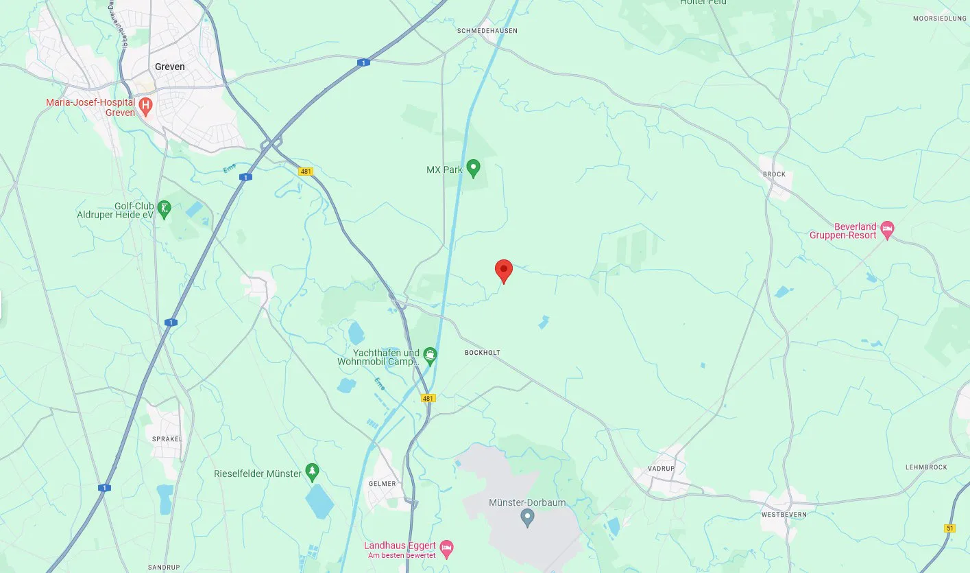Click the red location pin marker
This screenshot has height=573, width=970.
(x=504, y=270)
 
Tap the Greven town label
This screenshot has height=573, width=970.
(x=170, y=67)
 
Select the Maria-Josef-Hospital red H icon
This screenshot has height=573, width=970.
(x=145, y=106)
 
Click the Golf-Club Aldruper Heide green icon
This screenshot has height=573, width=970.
(x=164, y=209)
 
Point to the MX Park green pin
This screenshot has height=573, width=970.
(x=473, y=167)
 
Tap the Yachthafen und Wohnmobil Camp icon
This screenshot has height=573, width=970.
(x=430, y=355)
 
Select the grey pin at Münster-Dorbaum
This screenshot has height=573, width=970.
(x=527, y=517)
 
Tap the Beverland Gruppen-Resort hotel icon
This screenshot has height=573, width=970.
(x=888, y=230)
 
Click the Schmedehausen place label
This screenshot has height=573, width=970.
(x=487, y=31)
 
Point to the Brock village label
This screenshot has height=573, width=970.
(x=774, y=174)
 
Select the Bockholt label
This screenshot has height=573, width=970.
(x=483, y=353)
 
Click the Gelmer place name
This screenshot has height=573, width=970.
(x=382, y=484)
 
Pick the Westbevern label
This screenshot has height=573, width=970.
(x=784, y=514)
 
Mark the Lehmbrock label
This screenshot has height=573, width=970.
(x=926, y=467)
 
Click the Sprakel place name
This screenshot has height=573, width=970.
(x=167, y=438)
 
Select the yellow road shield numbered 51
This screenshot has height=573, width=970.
(x=949, y=528)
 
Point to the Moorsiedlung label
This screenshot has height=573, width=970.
(x=939, y=19)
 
